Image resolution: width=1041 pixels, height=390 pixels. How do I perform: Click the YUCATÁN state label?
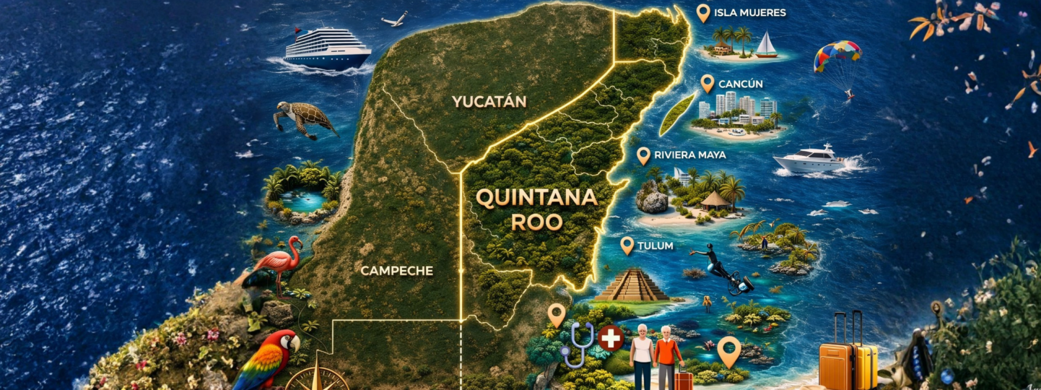pyautogui.click(x=489, y=102)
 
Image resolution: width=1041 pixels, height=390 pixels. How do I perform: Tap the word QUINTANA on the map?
pyautogui.click(x=536, y=198)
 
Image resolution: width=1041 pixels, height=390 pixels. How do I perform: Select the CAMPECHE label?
pyautogui.click(x=396, y=271)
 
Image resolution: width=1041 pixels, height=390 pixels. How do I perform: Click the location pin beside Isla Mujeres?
pyautogui.click(x=703, y=12)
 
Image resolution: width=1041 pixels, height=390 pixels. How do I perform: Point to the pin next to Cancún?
pyautogui.click(x=707, y=83)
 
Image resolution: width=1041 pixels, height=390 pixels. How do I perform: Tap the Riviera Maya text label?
pyautogui.click(x=690, y=155)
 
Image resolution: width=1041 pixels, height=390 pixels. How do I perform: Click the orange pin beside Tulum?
pyautogui.click(x=627, y=245)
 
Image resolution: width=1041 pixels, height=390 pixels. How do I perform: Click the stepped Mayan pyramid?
pyautogui.click(x=632, y=285)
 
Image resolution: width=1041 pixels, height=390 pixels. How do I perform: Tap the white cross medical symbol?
pyautogui.click(x=611, y=339)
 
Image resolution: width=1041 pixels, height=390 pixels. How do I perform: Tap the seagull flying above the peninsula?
pyautogui.click(x=395, y=21)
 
